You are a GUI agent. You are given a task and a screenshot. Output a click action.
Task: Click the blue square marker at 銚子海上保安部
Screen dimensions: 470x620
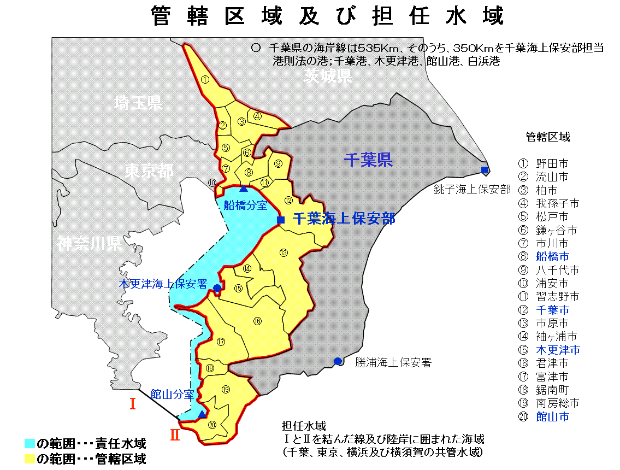click(x=485, y=169)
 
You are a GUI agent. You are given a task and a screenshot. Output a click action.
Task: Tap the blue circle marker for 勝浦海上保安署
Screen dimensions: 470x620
click(x=338, y=361)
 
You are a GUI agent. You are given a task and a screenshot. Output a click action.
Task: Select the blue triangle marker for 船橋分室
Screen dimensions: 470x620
click(x=244, y=189)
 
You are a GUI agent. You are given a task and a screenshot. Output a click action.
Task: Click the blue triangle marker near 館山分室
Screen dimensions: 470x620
click(x=202, y=414)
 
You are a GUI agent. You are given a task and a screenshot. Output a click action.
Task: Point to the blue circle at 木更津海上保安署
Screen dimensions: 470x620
click(x=217, y=287)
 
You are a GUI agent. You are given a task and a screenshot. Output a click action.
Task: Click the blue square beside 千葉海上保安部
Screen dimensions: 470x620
click(x=281, y=220)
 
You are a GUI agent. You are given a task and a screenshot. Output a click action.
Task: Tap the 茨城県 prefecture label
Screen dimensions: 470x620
click(x=328, y=75)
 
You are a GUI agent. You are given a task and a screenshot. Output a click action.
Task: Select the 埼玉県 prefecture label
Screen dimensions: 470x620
click(x=139, y=102)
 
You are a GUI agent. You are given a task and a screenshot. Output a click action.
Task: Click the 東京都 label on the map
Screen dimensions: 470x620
click(x=149, y=171)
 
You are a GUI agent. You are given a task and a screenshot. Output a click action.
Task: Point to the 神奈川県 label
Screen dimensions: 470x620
click(x=89, y=243)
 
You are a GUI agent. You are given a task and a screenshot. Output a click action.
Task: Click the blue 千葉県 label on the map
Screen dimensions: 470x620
click(x=368, y=160)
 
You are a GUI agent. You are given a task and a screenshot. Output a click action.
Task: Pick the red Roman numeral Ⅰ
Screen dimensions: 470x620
click(x=132, y=404)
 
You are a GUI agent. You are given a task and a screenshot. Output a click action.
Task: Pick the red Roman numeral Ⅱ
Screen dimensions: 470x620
click(x=175, y=436)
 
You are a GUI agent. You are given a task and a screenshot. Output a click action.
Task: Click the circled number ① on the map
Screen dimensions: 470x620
click(x=205, y=79)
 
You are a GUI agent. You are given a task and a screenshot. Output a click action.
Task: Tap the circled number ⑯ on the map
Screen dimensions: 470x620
click(x=257, y=321)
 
